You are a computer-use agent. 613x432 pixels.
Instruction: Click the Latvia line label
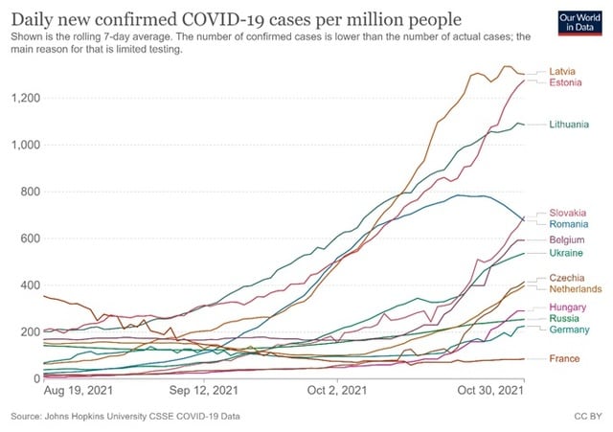563,71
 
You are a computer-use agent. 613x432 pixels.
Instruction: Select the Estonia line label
565,83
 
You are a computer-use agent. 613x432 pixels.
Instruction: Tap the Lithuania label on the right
570,125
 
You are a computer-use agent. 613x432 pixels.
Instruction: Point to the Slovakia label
568,212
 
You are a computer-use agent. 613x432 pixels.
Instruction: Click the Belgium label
567,239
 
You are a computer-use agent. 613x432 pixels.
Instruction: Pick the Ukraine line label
566,253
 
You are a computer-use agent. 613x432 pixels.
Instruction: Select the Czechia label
567,277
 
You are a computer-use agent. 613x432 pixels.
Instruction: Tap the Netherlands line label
575,288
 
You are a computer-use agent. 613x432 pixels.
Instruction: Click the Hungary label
568,307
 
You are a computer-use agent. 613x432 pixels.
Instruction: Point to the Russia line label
564,318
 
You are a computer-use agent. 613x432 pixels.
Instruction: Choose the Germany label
569,330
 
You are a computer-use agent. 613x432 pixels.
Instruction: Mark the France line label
564,358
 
